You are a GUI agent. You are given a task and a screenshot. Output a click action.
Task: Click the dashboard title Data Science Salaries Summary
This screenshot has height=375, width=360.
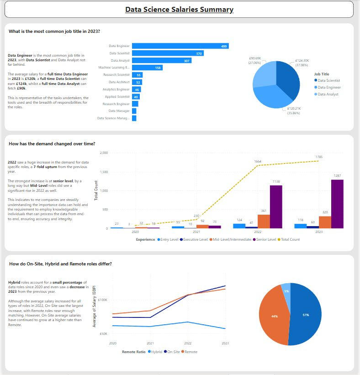click(179, 10)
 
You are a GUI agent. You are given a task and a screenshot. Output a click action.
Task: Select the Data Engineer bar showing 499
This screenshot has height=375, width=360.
click(180, 46)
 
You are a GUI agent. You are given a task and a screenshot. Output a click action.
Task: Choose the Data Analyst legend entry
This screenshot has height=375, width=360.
click(328, 94)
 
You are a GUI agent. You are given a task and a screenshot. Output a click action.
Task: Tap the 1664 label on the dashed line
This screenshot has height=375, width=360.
click(259, 161)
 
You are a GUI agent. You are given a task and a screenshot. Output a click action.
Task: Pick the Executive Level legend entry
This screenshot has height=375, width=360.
click(195, 239)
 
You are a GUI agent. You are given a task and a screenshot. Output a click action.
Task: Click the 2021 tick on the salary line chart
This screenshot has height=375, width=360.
click(150, 343)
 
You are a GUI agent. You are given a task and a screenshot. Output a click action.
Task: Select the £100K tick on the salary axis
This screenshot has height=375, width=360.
click(102, 300)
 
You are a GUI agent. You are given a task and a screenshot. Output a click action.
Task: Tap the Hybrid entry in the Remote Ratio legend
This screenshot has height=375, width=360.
click(155, 352)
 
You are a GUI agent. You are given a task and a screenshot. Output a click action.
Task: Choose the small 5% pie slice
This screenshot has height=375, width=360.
click(286, 290)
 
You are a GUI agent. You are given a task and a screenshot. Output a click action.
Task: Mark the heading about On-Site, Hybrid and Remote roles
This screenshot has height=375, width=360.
click(60, 264)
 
